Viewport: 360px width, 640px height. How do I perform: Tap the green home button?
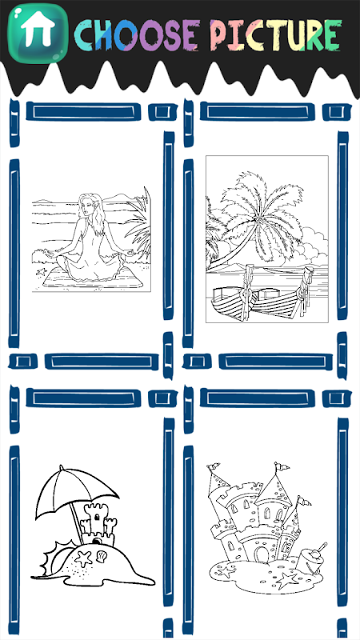(x=38, y=33)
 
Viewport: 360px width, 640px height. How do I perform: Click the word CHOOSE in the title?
(x=138, y=35)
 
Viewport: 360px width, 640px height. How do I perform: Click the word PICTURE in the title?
(x=276, y=34)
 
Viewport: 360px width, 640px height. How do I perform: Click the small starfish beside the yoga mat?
(x=41, y=271)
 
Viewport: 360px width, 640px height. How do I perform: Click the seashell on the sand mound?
(x=102, y=555)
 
